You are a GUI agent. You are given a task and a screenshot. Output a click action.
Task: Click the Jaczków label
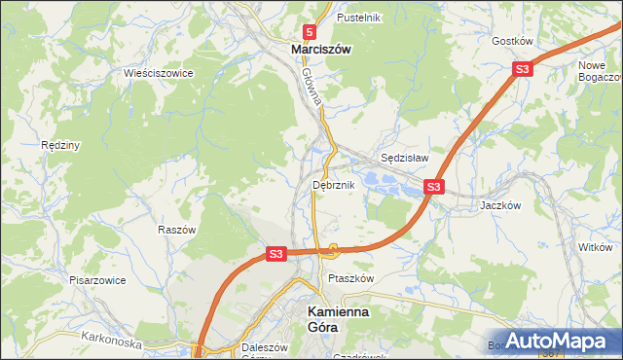click(x=502, y=205)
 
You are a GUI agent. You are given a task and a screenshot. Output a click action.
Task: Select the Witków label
click(x=595, y=248)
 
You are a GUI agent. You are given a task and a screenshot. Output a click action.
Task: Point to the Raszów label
click(x=177, y=230)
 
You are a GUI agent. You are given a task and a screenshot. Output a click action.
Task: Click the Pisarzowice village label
click(x=96, y=279)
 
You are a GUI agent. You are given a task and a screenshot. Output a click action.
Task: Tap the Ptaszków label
click(x=351, y=277)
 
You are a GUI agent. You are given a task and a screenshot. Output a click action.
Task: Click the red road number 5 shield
click(x=309, y=32)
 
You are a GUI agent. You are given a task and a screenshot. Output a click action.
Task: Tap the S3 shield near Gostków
click(x=523, y=69)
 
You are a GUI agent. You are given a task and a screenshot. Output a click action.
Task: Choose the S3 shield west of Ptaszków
click(x=275, y=254)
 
